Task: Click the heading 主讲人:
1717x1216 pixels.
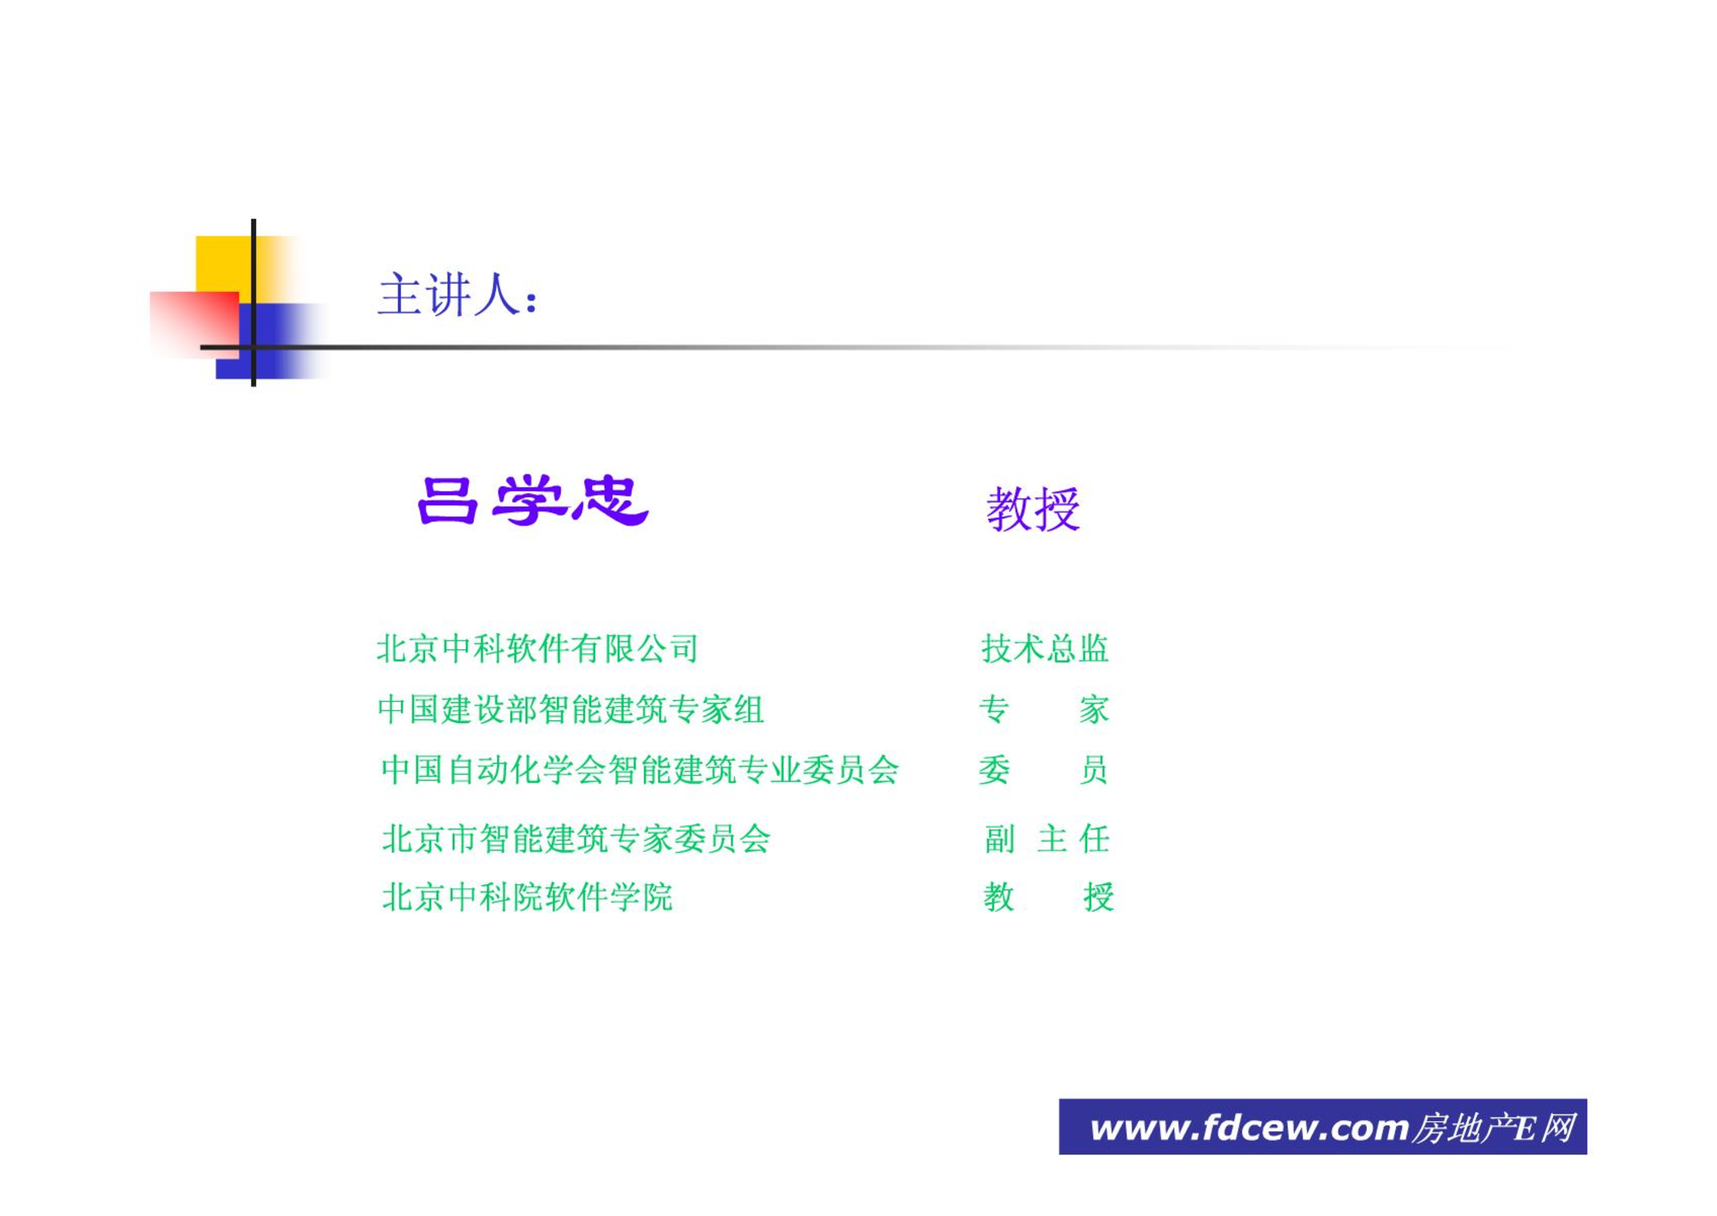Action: (x=458, y=294)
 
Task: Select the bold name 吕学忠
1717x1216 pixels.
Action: (x=533, y=500)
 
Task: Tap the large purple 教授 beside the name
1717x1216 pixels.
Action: (x=1033, y=509)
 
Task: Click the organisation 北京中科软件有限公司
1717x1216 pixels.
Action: (x=538, y=648)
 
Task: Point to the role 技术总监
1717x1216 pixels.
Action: (x=1045, y=648)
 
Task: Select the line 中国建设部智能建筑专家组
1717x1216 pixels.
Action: (x=570, y=709)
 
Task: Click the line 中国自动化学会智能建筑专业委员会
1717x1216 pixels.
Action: (x=640, y=769)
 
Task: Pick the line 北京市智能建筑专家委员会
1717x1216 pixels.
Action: (x=576, y=838)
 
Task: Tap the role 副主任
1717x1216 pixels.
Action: (x=1047, y=838)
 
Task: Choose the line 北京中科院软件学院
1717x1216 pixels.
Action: (x=528, y=896)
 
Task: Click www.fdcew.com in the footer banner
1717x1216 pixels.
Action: (x=1249, y=1128)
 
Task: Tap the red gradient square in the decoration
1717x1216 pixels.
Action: (x=194, y=325)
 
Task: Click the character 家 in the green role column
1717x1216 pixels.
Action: (x=1093, y=709)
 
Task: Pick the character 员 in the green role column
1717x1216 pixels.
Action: (x=1093, y=769)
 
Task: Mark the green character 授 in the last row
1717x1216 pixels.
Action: (x=1098, y=896)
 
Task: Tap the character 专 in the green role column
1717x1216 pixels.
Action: (x=994, y=709)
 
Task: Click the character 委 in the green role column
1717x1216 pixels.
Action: (x=994, y=769)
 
